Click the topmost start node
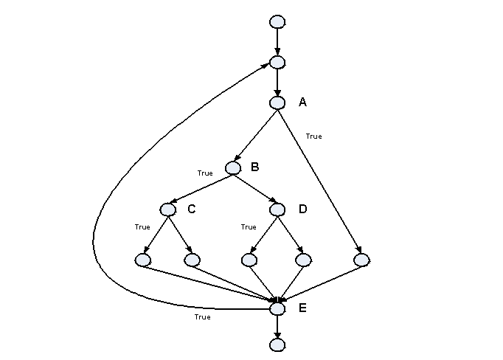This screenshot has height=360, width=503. pyautogui.click(x=277, y=21)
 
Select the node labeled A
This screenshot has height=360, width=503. pyautogui.click(x=277, y=103)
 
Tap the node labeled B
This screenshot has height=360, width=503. pyautogui.click(x=234, y=167)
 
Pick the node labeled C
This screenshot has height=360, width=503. pyautogui.click(x=168, y=210)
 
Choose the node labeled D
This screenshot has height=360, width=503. pyautogui.click(x=277, y=210)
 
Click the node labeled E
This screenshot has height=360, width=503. pyautogui.click(x=277, y=309)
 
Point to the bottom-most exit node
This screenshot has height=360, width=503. pyautogui.click(x=277, y=344)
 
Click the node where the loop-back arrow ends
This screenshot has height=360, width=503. pyautogui.click(x=277, y=62)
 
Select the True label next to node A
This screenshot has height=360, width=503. pyautogui.click(x=313, y=136)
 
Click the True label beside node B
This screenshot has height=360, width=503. pyautogui.click(x=205, y=173)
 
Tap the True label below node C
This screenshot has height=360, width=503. pyautogui.click(x=142, y=227)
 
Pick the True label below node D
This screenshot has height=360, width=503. pyautogui.click(x=249, y=227)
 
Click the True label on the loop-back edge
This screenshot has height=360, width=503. pyautogui.click(x=202, y=317)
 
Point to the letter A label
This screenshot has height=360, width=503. pyautogui.click(x=302, y=103)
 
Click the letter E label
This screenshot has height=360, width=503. pyautogui.click(x=302, y=308)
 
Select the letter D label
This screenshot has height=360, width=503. pyautogui.click(x=302, y=210)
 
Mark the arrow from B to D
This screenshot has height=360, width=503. pyautogui.click(x=255, y=188)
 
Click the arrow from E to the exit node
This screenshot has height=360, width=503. pyautogui.click(x=277, y=327)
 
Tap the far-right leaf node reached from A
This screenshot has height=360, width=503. pyautogui.click(x=361, y=260)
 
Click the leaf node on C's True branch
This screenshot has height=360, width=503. pyautogui.click(x=143, y=260)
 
